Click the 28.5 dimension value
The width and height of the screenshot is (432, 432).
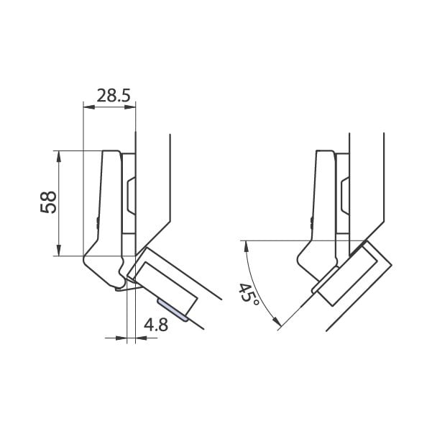coord(114,96)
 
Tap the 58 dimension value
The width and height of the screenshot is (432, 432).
coord(48,202)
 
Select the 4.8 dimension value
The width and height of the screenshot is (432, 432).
coord(156,325)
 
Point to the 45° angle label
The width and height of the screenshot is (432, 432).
coord(249,294)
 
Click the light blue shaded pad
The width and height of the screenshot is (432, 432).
coord(173,310)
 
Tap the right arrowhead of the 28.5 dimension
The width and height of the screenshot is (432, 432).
coord(130,107)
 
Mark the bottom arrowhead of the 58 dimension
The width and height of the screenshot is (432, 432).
coord(58,250)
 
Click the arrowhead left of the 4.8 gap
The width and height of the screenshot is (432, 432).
coord(121,338)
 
